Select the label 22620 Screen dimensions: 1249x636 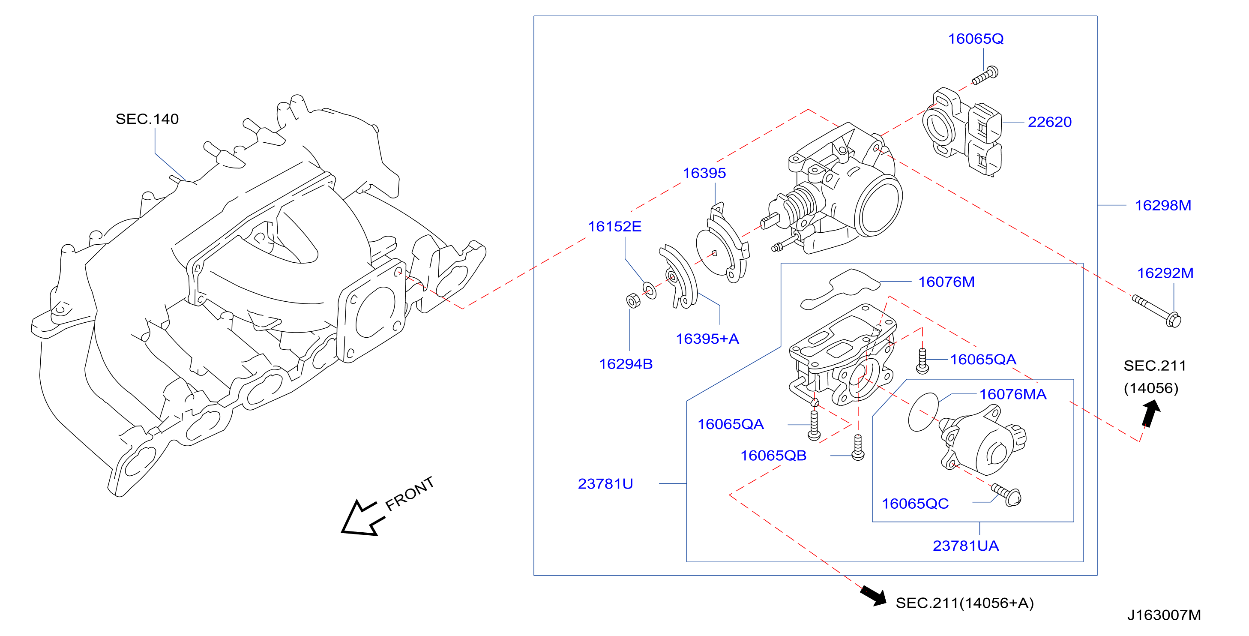tap(1049, 122)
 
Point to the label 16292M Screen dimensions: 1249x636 tap(1165, 273)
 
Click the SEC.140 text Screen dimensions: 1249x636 tap(147, 119)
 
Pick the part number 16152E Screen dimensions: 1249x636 tap(614, 227)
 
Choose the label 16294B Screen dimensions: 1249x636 tap(626, 364)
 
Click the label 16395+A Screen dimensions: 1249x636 tap(707, 339)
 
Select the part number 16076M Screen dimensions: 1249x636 tap(946, 282)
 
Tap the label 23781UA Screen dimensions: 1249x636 tap(965, 546)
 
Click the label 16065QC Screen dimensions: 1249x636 tap(915, 504)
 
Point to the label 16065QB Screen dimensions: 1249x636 tap(773, 456)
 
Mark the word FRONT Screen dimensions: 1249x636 tap(409, 493)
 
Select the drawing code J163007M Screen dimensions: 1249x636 tap(1164, 615)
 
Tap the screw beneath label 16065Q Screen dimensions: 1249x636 tap(985, 76)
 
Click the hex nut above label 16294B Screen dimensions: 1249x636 tap(633, 301)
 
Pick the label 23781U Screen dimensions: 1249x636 tap(605, 484)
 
